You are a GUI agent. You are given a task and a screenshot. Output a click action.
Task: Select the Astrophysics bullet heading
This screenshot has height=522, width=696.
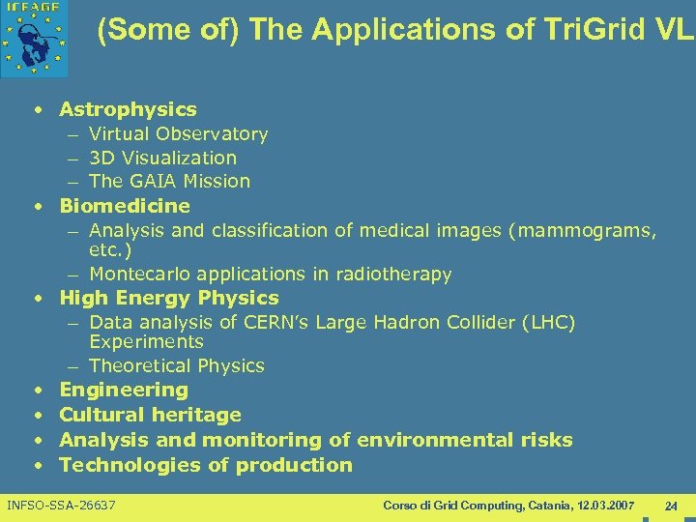pyautogui.click(x=128, y=109)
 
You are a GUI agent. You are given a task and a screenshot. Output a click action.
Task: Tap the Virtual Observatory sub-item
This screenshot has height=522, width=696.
pyautogui.click(x=178, y=133)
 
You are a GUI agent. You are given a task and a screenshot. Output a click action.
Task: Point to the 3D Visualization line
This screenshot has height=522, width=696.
pyautogui.click(x=162, y=158)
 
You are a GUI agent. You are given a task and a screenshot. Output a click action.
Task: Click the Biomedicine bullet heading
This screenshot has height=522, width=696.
pyautogui.click(x=125, y=206)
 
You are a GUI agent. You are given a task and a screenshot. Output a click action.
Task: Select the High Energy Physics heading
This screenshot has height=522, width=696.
pyautogui.click(x=169, y=298)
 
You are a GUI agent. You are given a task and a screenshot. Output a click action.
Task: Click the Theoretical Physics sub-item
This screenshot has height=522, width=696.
pyautogui.click(x=177, y=365)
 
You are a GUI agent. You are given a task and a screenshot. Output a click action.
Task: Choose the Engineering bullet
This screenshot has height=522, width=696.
pyautogui.click(x=124, y=390)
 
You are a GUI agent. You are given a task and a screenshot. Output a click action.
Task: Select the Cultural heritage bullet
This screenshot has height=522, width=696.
pyautogui.click(x=150, y=415)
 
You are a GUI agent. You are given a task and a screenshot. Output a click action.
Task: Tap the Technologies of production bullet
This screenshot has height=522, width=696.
pyautogui.click(x=206, y=465)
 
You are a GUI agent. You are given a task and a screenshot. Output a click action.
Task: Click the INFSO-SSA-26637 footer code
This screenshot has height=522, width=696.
pyautogui.click(x=61, y=506)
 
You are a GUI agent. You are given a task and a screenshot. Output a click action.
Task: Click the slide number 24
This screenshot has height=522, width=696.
pyautogui.click(x=671, y=506)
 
